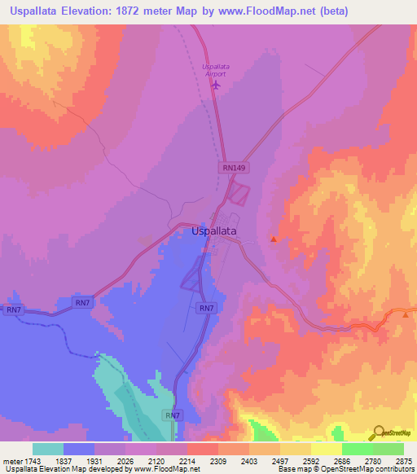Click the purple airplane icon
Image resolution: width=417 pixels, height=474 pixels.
click(216, 84)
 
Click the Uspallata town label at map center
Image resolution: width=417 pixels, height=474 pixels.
click(214, 231)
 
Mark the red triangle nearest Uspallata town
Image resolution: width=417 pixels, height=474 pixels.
click(274, 239)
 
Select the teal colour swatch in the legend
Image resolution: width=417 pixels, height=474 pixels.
click(47, 449)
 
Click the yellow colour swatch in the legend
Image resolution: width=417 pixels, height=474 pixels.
click(326, 449)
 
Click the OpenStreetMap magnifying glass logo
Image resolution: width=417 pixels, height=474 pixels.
click(378, 432)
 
